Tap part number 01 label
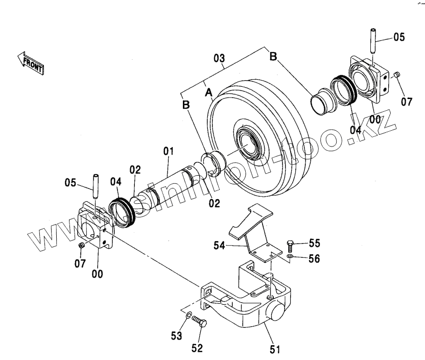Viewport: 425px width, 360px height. pos(169,151)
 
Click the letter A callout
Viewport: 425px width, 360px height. pos(208,92)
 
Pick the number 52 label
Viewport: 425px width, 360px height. pos(196,348)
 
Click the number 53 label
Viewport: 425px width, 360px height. pos(176,335)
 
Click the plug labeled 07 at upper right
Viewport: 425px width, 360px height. pos(397,76)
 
